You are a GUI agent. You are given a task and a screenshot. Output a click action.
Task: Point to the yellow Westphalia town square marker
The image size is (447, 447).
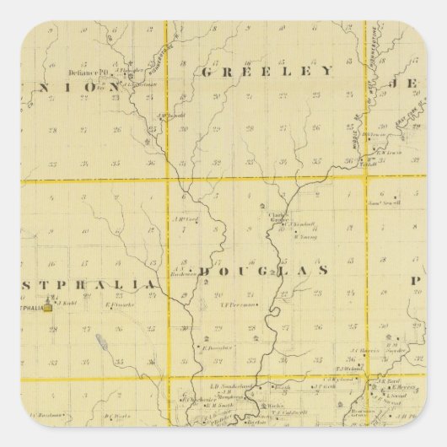(48, 309)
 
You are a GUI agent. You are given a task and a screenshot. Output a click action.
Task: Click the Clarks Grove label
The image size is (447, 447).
(278, 216)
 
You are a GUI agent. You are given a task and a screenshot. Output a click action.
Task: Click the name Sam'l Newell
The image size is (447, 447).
(384, 202)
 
